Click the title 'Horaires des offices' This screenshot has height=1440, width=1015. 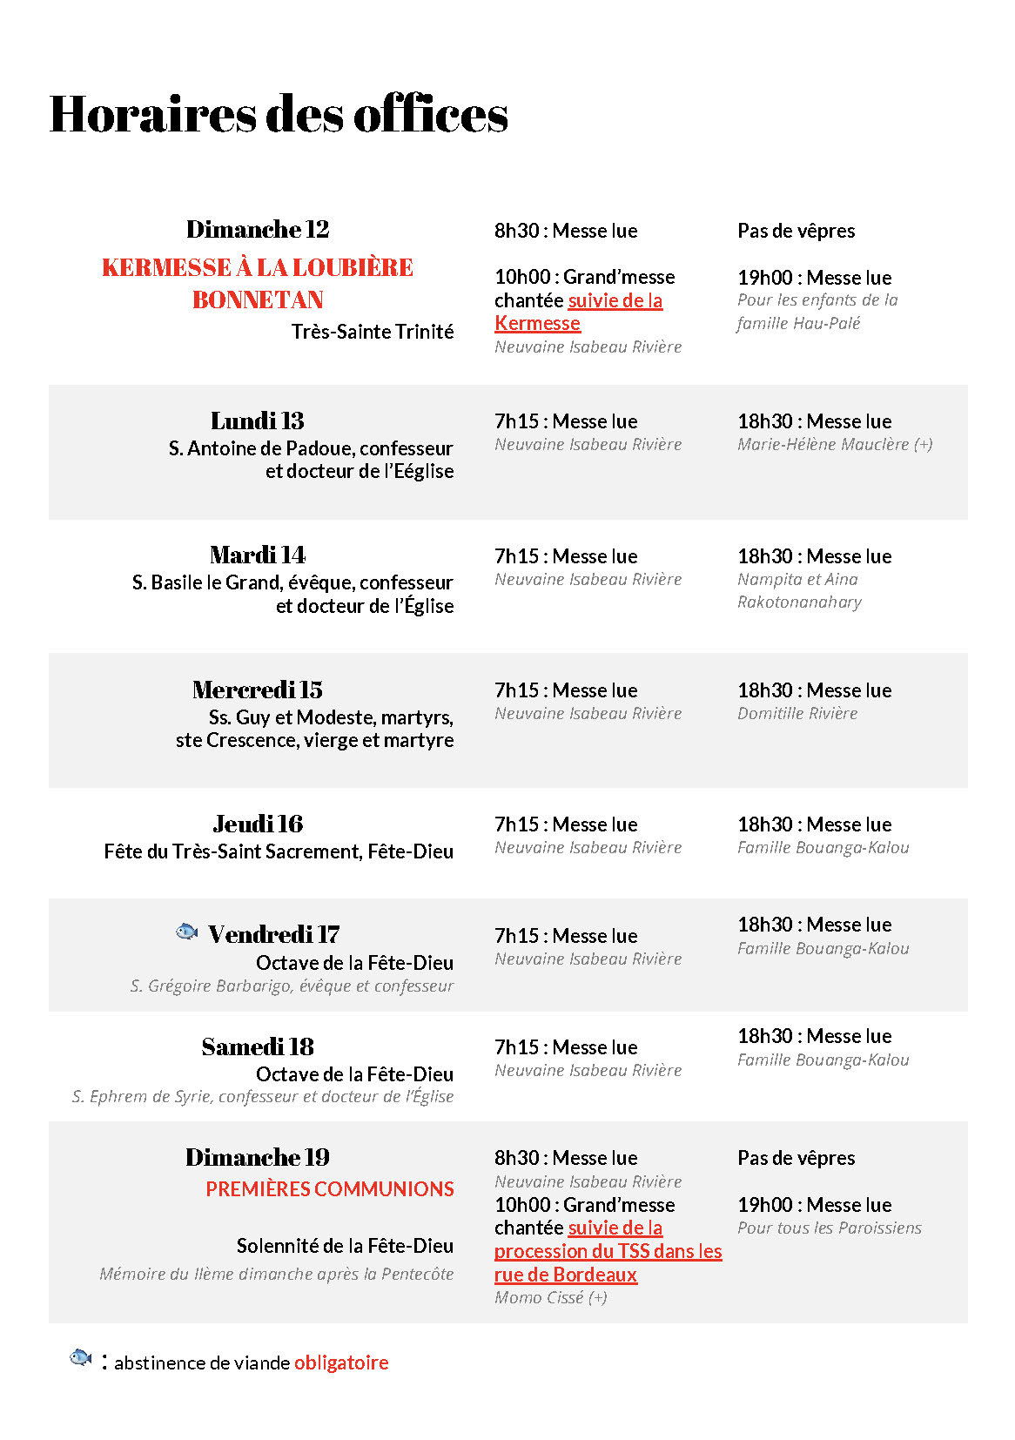tap(279, 114)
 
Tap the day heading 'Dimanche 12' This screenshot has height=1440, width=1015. tap(258, 229)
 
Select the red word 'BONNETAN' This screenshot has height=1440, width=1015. tap(258, 299)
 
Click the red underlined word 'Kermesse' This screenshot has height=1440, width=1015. tap(537, 323)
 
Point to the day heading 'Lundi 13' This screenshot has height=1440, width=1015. tap(258, 421)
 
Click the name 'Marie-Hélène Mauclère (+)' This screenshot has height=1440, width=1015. tap(834, 444)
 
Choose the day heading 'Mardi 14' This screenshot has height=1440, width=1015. tap(258, 555)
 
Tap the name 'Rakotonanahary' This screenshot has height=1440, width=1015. tap(799, 602)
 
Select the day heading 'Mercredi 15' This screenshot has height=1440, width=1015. tap(258, 690)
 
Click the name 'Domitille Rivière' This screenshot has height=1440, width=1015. tap(797, 713)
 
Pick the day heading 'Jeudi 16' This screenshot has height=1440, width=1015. tap(258, 824)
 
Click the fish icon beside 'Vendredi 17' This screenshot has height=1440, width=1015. tap(186, 932)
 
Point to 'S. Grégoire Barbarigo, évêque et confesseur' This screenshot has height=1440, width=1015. tap(292, 986)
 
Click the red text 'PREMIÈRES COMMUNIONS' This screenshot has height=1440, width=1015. tap(329, 1188)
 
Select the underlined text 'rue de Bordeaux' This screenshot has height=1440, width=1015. tap(566, 1275)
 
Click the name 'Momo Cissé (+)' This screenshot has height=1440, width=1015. tap(550, 1297)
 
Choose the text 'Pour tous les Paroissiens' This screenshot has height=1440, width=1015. tap(829, 1228)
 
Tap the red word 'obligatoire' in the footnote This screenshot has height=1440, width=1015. tap(341, 1363)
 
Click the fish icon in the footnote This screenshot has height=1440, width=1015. tap(80, 1357)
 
